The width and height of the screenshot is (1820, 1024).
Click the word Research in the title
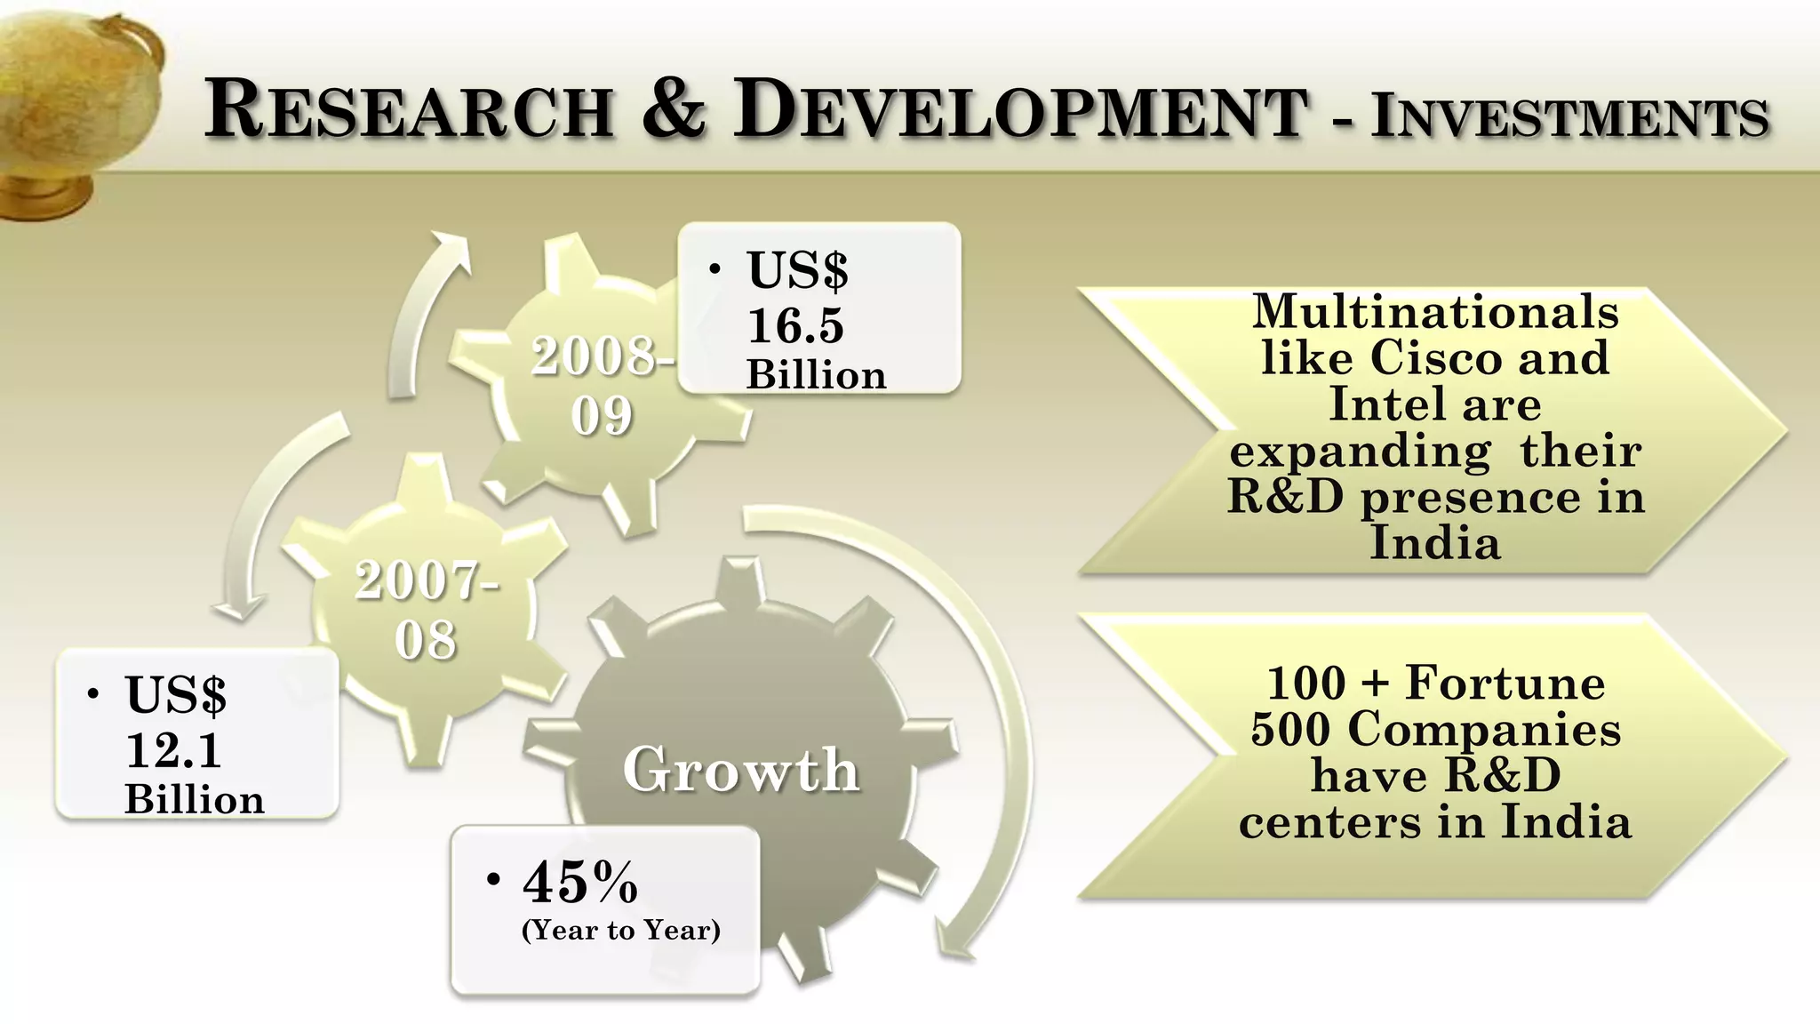408,109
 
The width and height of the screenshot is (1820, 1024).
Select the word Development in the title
1020,109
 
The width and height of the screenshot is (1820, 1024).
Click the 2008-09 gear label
603,386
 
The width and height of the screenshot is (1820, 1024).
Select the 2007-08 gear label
427,610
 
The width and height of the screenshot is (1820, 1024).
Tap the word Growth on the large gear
741,770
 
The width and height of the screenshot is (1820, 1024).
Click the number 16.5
795,325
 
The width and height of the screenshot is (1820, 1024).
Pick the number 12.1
173,750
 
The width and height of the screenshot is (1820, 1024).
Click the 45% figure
580,882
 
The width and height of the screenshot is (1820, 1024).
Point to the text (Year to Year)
620,930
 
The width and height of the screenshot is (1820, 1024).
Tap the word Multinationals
1435,311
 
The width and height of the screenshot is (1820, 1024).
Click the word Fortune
1505,683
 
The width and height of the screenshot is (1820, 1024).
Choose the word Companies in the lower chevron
1484,729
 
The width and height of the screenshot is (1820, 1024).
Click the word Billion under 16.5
816,375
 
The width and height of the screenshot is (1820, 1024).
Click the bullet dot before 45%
494,880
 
